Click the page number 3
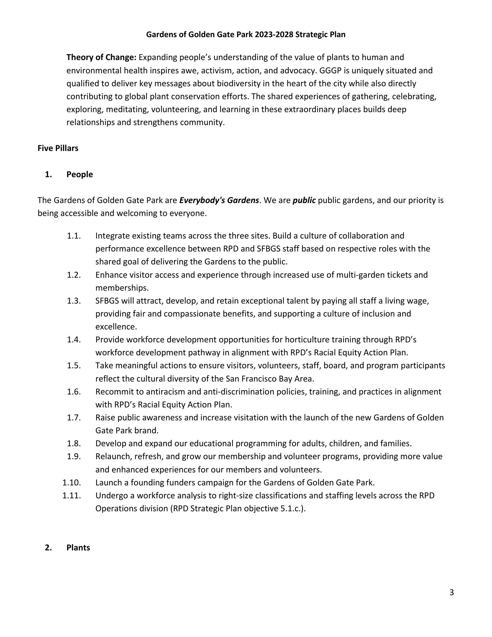pos(452,592)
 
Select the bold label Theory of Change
pos(101,57)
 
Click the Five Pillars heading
pos(58,148)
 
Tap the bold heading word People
pos(80,175)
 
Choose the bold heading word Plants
pos(78,547)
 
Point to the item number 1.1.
pos(74,236)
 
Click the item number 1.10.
pos(72,482)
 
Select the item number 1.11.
pos(72,496)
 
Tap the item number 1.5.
pos(74,366)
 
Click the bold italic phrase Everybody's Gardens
pos(219,200)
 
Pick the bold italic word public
pos(304,200)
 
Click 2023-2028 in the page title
pos(274,35)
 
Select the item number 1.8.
pos(74,444)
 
